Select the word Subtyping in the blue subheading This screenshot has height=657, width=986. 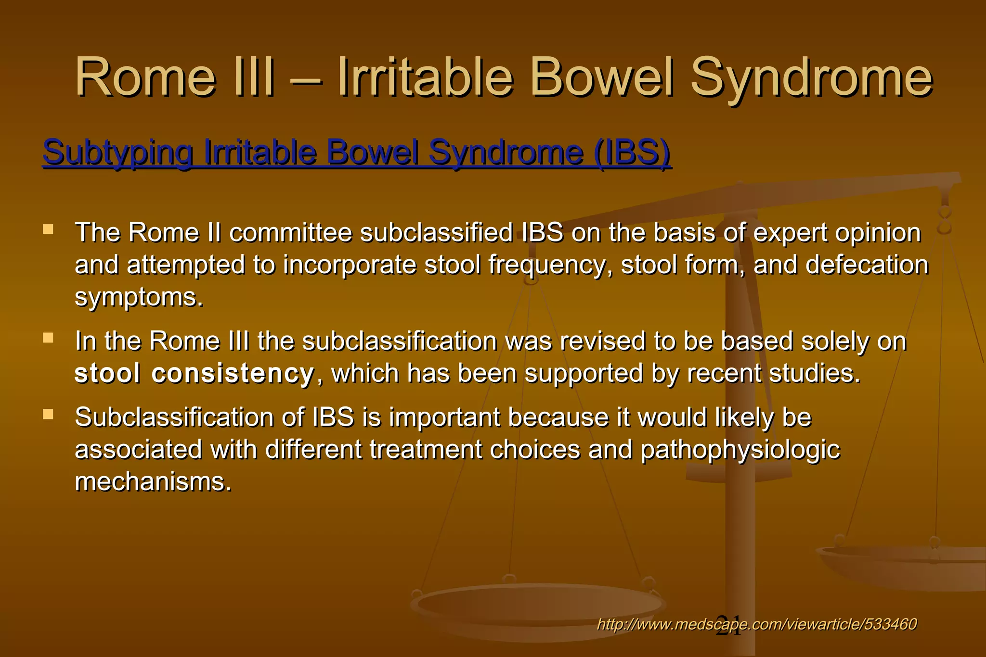tap(118, 152)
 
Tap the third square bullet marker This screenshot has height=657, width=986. tap(48, 414)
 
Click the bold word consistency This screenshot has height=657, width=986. tap(233, 374)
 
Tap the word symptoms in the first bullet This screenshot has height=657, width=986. tap(139, 297)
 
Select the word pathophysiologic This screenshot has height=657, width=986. tap(740, 450)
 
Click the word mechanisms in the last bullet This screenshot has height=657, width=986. tap(153, 481)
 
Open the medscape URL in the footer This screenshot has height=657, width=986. tap(756, 624)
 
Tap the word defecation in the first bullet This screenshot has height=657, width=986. tap(867, 265)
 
